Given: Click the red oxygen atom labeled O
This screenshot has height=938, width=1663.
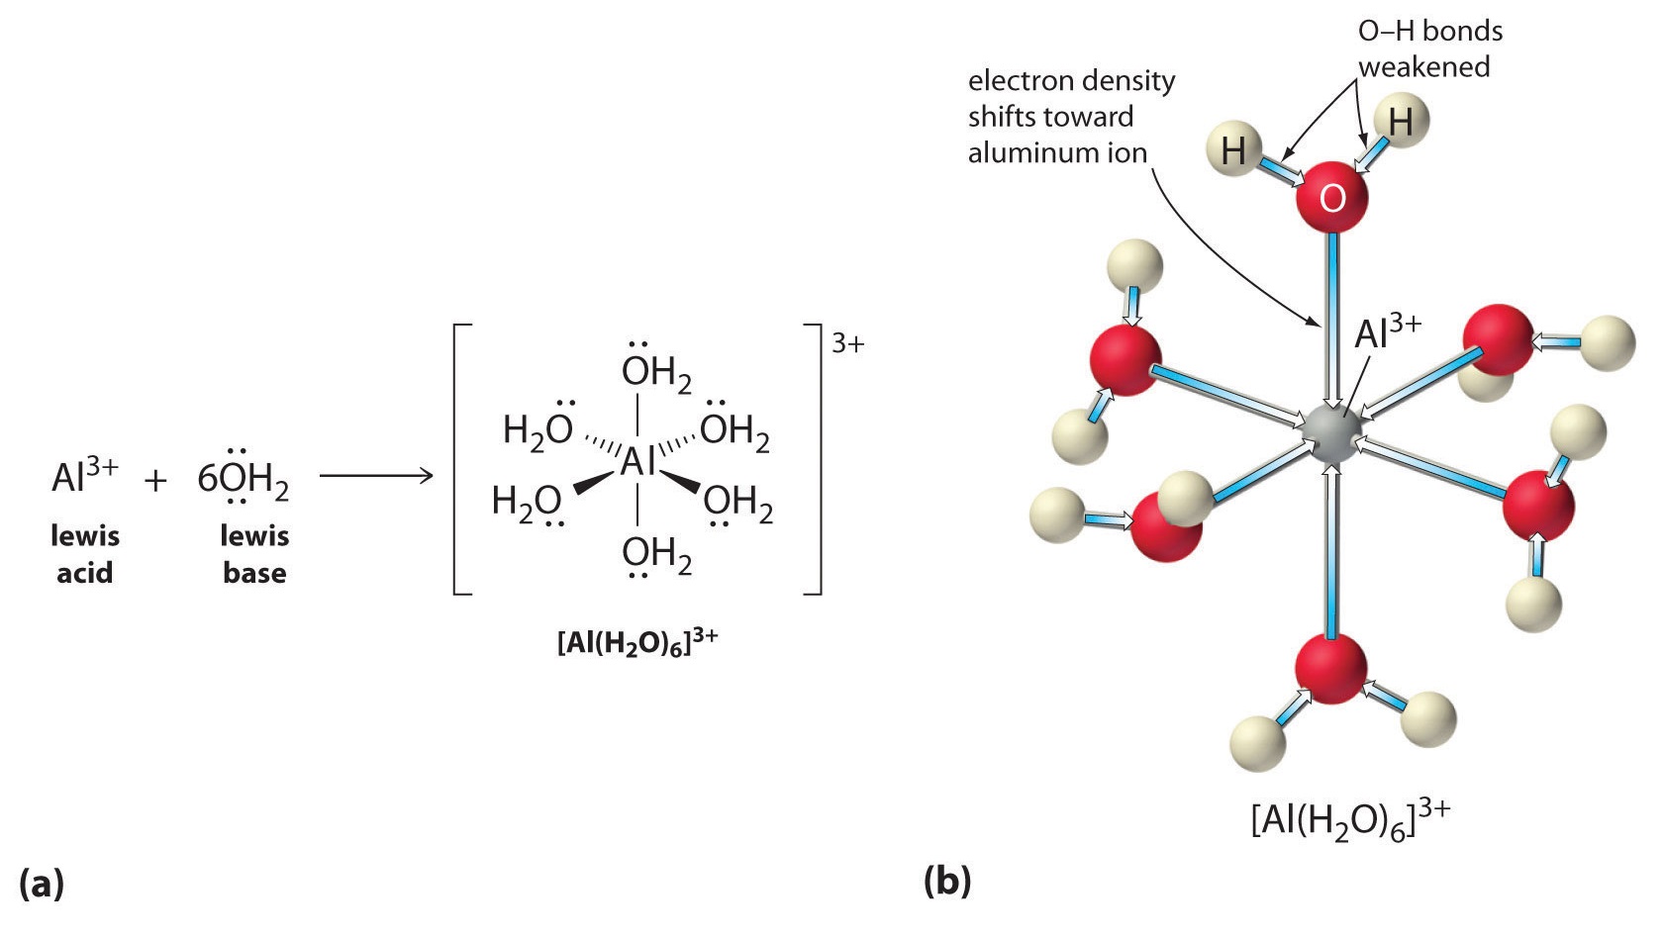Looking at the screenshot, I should coord(1331,197).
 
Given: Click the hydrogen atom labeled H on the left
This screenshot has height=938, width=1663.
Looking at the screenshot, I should coord(1233,151).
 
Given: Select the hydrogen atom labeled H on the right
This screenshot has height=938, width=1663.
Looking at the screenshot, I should coord(1400,122).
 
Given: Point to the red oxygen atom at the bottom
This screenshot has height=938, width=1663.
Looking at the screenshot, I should coord(1330,669).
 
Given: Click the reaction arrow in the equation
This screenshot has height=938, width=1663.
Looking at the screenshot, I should coord(376,477).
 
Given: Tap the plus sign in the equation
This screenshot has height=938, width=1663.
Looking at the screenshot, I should coord(155,481).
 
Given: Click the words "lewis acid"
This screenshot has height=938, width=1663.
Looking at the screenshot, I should coord(85,554).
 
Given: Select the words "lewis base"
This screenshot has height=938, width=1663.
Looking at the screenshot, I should coord(254,554).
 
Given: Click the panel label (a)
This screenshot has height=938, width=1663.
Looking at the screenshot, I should coord(41,883).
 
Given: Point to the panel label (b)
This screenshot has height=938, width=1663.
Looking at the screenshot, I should coord(946,881).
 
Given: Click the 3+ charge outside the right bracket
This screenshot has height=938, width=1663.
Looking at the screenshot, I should coord(847,343).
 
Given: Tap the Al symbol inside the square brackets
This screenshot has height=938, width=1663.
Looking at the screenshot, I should coord(637,461).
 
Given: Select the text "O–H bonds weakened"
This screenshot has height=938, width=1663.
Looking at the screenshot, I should coord(1428,48).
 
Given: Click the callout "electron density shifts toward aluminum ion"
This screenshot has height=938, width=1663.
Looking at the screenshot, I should coord(1070,117).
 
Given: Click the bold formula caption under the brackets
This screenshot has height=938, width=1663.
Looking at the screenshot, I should coord(637,641).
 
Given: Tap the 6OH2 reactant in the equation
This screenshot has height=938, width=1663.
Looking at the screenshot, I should coord(243,479).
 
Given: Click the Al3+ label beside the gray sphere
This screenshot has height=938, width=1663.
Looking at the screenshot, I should coord(1387,331).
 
